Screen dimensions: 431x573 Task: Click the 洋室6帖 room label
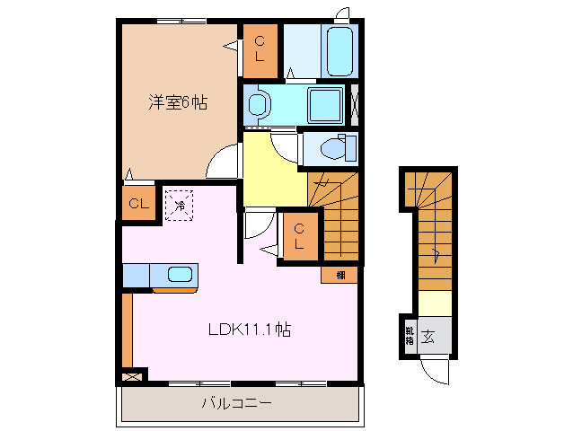tap(178, 102)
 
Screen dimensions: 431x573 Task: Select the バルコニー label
tap(235, 404)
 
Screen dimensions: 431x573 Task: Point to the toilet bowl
tap(335, 146)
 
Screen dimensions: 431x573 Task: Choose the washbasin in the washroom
tap(259, 104)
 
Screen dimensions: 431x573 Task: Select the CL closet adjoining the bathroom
tap(260, 49)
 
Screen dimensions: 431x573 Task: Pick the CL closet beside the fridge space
tap(137, 204)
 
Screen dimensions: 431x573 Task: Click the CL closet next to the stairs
tap(300, 236)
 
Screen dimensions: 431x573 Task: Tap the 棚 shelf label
tap(339, 275)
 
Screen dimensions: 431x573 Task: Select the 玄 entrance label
tap(429, 337)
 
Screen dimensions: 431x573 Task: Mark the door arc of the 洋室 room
tap(222, 162)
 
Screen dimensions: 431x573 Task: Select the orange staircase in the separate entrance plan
tap(429, 229)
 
